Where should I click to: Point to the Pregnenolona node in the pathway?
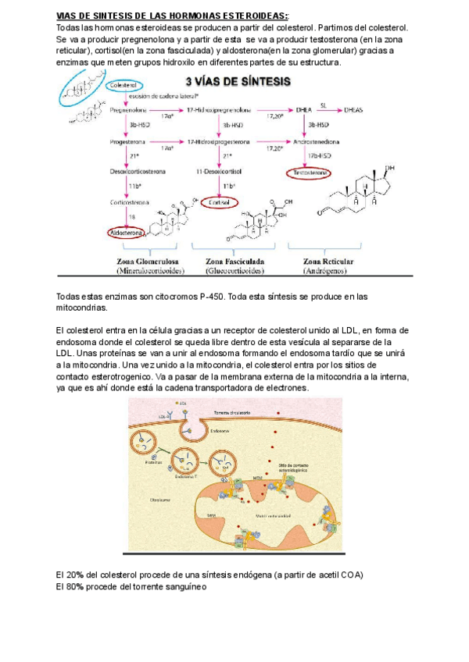click(x=129, y=111)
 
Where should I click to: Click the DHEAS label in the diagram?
click(x=353, y=111)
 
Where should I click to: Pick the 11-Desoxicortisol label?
click(x=220, y=172)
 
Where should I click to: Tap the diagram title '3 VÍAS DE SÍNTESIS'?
click(x=237, y=81)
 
